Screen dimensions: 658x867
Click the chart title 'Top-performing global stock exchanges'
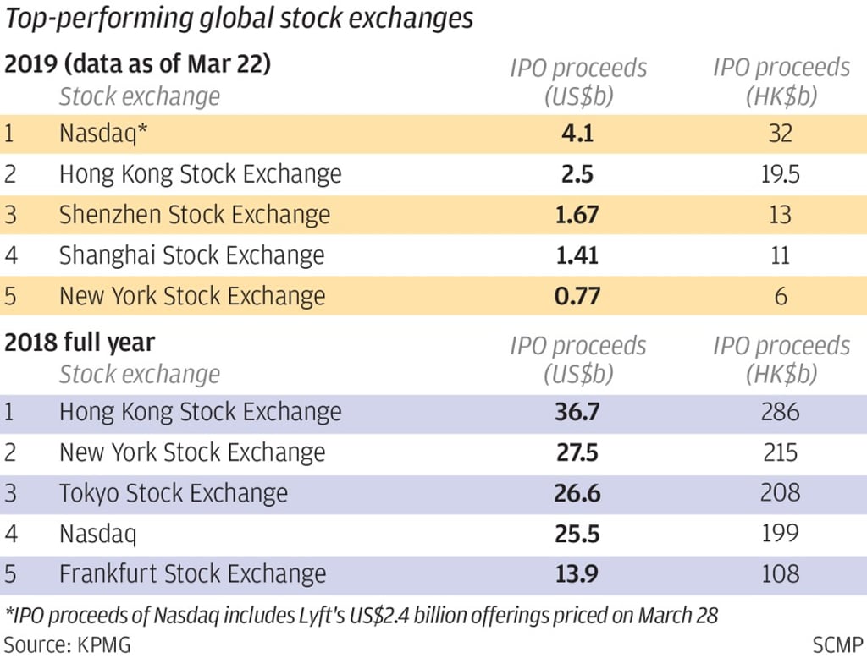coord(240,19)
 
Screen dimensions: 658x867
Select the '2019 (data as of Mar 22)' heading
coord(138,64)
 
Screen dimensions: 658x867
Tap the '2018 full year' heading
coord(80,343)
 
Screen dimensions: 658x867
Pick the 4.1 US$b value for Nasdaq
coord(577,134)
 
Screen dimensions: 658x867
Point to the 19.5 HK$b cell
coord(781,174)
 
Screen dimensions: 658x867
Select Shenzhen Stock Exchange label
coord(195,215)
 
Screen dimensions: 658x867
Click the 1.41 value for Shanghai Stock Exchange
coord(577,255)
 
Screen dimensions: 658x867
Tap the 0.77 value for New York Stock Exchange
coord(577,296)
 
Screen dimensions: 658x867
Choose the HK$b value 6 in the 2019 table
coord(781,296)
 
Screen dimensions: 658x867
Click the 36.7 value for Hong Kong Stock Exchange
coord(577,412)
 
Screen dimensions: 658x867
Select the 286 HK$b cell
coord(781,412)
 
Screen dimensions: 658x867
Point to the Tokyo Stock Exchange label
coord(173,493)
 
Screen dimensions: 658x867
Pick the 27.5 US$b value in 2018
coord(577,452)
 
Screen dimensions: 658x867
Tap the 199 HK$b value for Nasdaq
coord(781,533)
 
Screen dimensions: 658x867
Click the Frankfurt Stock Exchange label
coord(192,574)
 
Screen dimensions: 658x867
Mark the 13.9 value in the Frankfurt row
coord(577,574)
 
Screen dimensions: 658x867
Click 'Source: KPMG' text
coord(68,644)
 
